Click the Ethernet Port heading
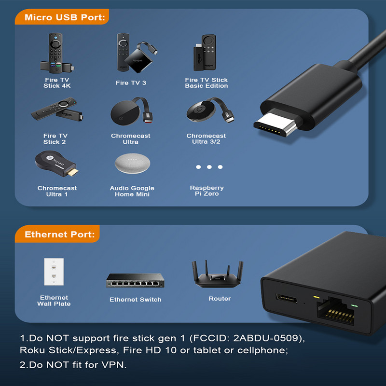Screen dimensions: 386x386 [x=59, y=235]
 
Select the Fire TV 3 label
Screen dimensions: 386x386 [x=131, y=83]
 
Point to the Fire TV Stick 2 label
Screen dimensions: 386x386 [x=55, y=139]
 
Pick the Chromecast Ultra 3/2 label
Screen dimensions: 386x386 [x=206, y=139]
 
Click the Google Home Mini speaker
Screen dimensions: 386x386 [x=133, y=164]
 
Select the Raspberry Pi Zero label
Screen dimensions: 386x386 [x=207, y=191]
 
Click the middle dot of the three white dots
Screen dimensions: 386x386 [x=209, y=167]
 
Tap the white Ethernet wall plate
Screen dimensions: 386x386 [x=54, y=273]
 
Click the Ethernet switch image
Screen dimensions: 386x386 [x=135, y=280]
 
